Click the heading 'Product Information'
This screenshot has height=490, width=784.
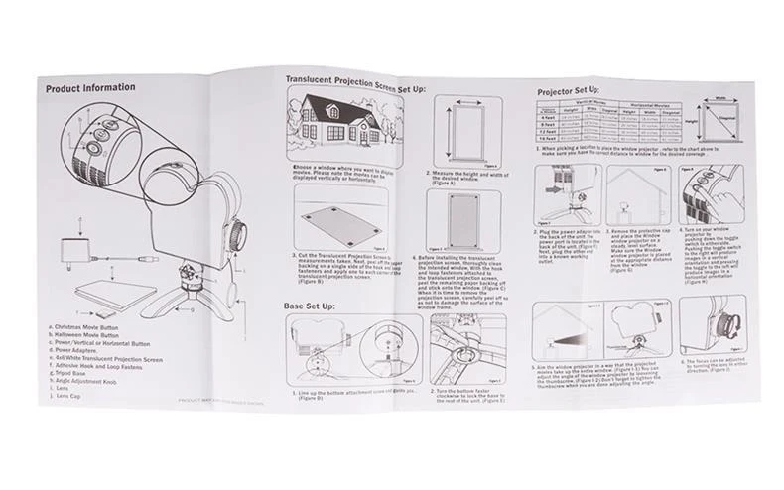90,88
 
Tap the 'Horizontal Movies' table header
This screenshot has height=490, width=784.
650,104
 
